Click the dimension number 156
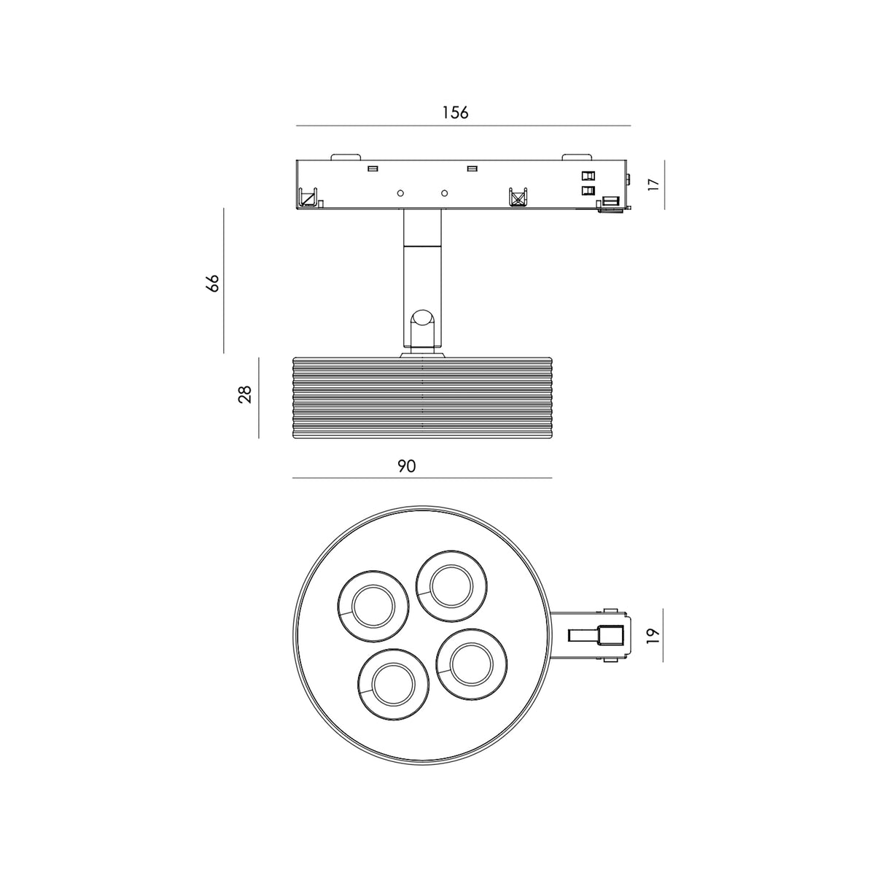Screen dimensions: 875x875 click(x=455, y=112)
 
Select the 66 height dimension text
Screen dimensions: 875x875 click(x=212, y=283)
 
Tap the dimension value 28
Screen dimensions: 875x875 click(x=245, y=394)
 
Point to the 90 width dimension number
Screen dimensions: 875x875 click(x=406, y=467)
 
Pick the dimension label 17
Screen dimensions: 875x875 click(x=653, y=184)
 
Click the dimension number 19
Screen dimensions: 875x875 click(x=652, y=635)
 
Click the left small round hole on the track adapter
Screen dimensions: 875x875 click(x=400, y=193)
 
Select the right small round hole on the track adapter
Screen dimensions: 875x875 click(x=445, y=193)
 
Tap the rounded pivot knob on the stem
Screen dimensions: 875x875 click(x=422, y=319)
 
